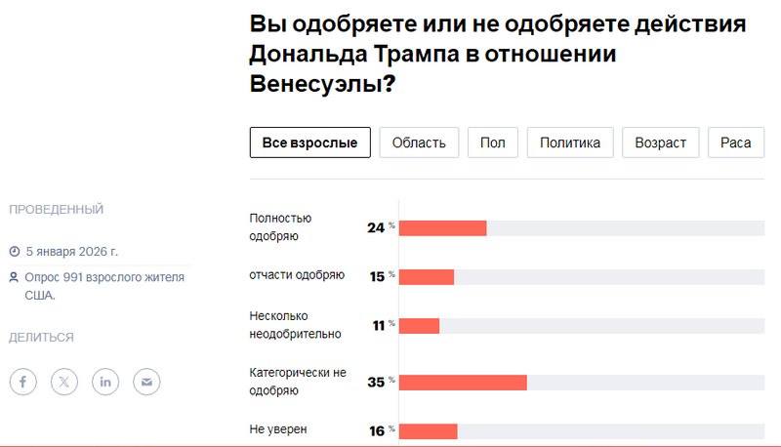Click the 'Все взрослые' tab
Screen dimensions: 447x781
coord(310,142)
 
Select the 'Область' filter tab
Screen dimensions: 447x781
coord(419,142)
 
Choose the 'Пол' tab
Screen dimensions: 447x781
coord(493,142)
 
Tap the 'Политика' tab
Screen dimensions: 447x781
coord(570,142)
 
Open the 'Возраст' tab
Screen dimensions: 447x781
coord(661,142)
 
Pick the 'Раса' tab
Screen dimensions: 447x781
coord(735,142)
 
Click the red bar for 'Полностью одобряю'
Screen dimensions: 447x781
coord(443,227)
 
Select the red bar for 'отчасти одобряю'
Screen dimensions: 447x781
coord(427,276)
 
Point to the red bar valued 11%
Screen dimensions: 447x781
coord(420,325)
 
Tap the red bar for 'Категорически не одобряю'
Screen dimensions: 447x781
coord(464,382)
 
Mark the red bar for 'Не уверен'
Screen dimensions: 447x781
coord(429,430)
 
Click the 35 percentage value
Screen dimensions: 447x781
coord(376,382)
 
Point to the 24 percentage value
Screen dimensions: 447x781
coord(376,227)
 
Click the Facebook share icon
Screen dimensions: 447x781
coord(23,382)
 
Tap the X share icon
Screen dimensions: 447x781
coord(64,382)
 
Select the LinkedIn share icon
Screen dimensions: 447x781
coord(105,382)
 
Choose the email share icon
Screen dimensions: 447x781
coord(146,382)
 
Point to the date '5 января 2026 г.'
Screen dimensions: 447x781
coord(71,250)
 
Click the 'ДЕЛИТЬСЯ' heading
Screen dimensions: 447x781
coord(41,338)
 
